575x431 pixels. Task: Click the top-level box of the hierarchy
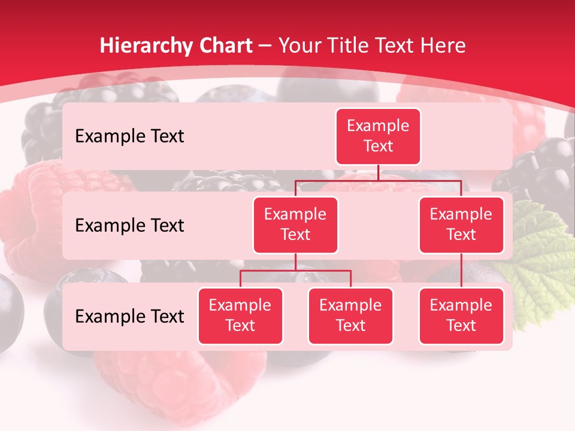378,136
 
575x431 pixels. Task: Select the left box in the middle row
295,225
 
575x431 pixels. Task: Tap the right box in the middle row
461,225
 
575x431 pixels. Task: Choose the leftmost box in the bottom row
240,316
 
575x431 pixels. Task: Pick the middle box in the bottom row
350,316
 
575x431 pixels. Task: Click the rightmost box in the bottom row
461,316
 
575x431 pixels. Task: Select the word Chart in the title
223,45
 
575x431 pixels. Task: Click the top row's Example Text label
129,136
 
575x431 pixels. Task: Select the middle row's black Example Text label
129,226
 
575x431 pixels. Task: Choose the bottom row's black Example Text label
129,316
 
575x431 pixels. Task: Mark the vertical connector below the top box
378,172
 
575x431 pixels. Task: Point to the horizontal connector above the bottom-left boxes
295,271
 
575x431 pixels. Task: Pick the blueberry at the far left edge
10,311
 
